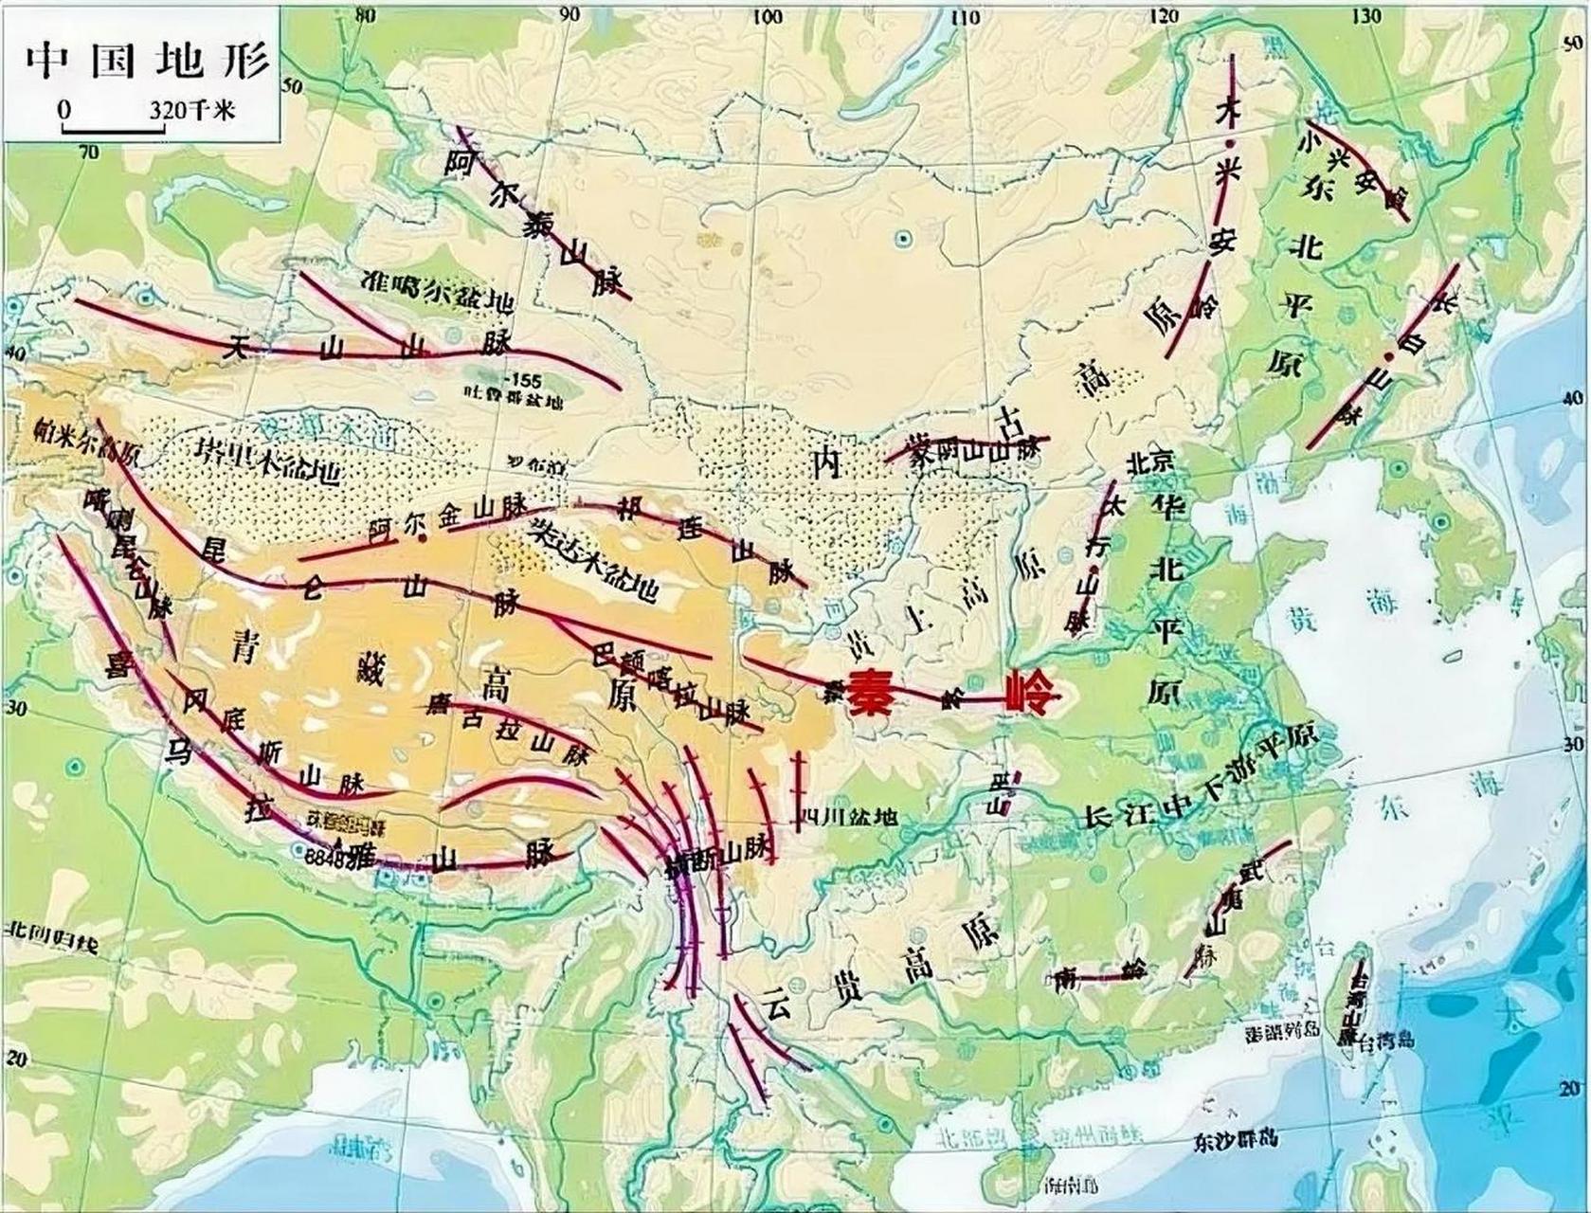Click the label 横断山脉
720,856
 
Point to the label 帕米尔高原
85,442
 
